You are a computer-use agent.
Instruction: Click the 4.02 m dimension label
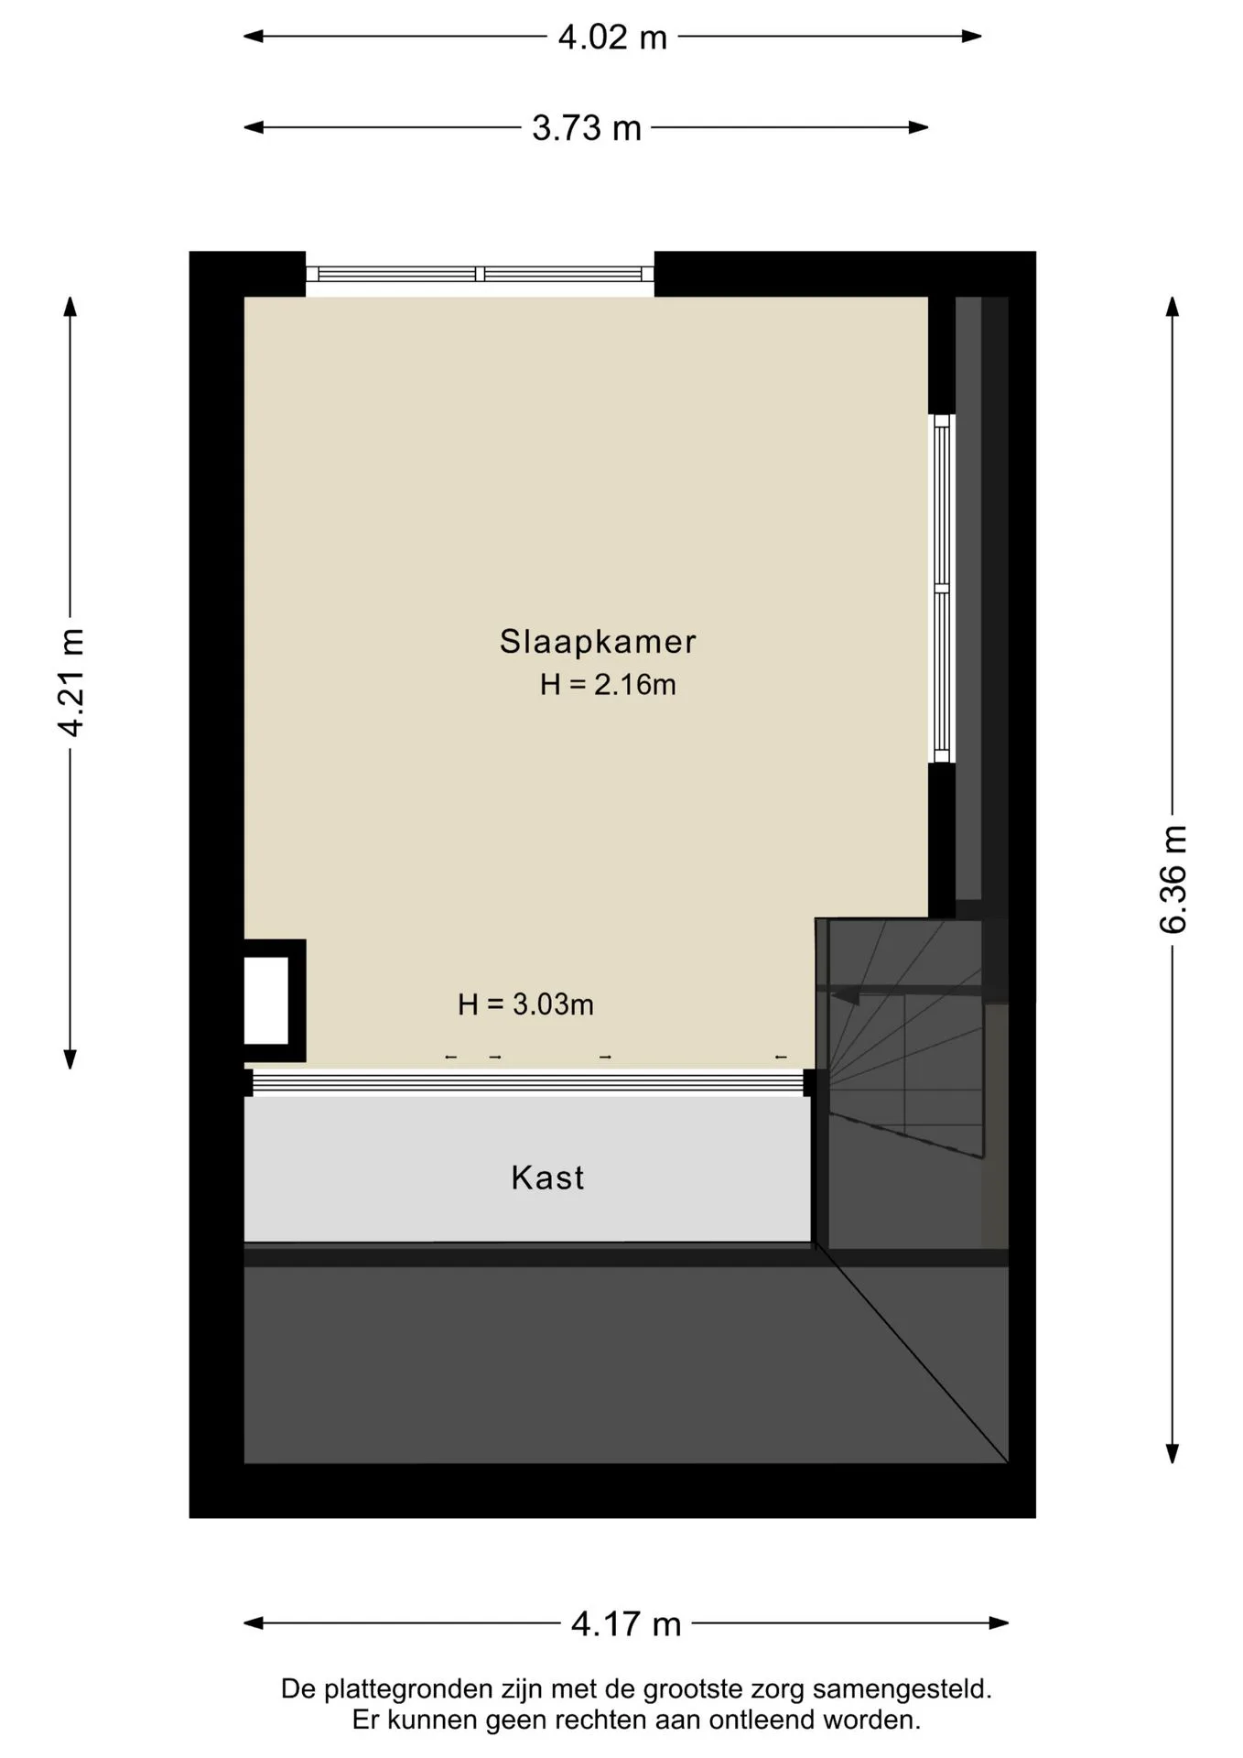tap(612, 38)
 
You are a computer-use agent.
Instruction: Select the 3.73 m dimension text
tap(587, 128)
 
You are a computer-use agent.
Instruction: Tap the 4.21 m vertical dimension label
tap(70, 682)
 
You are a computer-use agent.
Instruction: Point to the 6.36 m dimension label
tap(1173, 879)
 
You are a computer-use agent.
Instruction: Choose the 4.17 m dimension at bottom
tap(626, 1623)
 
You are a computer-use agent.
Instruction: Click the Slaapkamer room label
tap(598, 641)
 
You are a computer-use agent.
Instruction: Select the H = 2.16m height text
tap(608, 684)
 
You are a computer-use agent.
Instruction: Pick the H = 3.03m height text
tap(525, 1004)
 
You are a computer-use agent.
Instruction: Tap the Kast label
tap(547, 1177)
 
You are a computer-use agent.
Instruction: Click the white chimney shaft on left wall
tap(266, 1000)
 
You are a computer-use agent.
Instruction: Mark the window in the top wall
tap(480, 274)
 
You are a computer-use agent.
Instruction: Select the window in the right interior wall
tap(942, 589)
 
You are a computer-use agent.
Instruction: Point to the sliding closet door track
tap(528, 1083)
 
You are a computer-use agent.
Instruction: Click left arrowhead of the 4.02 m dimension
tap(254, 37)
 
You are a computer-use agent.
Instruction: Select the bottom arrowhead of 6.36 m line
tap(1173, 1454)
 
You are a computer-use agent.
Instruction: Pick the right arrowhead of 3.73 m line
tap(919, 127)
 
